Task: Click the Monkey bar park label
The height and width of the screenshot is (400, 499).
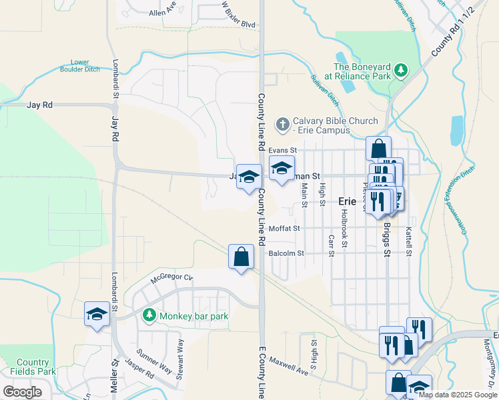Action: click(x=193, y=315)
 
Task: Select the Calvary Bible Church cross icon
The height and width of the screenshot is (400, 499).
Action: click(x=282, y=124)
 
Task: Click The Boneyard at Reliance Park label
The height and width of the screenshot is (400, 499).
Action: click(x=362, y=71)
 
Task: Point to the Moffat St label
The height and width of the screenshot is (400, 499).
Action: click(x=285, y=229)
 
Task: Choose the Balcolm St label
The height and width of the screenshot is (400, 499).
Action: click(x=286, y=253)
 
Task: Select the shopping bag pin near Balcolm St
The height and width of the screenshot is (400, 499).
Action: click(x=241, y=257)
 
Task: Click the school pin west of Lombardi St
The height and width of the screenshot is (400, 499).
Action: click(x=97, y=314)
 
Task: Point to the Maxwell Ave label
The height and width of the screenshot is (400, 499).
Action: click(x=290, y=365)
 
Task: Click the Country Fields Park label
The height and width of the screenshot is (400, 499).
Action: click(x=33, y=367)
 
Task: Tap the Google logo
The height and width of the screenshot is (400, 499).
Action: click(x=22, y=392)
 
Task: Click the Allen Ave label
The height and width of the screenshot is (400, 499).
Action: click(x=163, y=12)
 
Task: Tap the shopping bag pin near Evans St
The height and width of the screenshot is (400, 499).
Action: click(x=378, y=149)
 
